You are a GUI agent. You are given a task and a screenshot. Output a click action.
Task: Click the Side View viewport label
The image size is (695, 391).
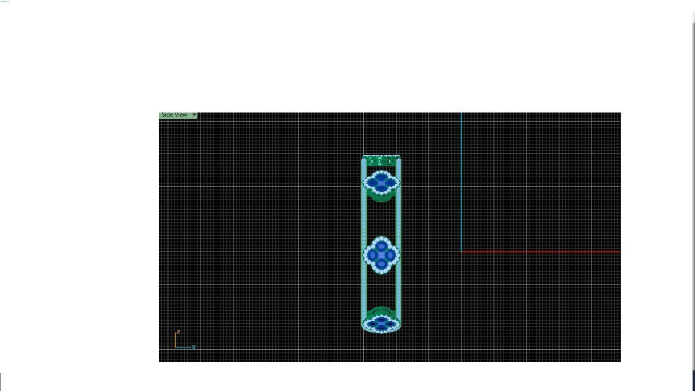coord(175,115)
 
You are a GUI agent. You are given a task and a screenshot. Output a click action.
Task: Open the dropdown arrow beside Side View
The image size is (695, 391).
coord(194,116)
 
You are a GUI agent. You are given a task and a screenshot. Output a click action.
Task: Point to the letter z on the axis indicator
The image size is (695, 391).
coord(179,331)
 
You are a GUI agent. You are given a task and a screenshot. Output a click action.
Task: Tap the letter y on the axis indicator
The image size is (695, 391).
coord(194,347)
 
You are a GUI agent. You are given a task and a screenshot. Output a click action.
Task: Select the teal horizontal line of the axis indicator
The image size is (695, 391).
coord(183,348)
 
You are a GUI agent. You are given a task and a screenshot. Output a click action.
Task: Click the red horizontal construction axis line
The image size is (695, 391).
coord(539,252)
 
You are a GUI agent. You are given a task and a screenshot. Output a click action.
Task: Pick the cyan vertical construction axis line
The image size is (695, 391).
coord(461,178)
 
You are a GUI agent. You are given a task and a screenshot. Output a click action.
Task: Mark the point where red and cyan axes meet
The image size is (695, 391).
coord(461,252)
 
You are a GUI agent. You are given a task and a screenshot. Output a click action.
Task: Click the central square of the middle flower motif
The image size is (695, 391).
coord(382,255)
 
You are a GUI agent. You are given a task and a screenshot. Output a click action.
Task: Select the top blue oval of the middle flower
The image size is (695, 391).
coord(382,246)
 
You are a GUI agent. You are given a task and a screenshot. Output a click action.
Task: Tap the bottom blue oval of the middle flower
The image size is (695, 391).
coord(382,263)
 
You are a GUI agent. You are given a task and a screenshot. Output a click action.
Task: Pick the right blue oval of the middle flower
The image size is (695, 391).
coord(390,255)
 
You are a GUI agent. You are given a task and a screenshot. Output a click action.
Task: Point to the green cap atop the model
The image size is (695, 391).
coord(382,160)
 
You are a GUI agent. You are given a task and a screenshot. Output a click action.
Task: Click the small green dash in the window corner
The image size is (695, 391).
coord(6,2)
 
